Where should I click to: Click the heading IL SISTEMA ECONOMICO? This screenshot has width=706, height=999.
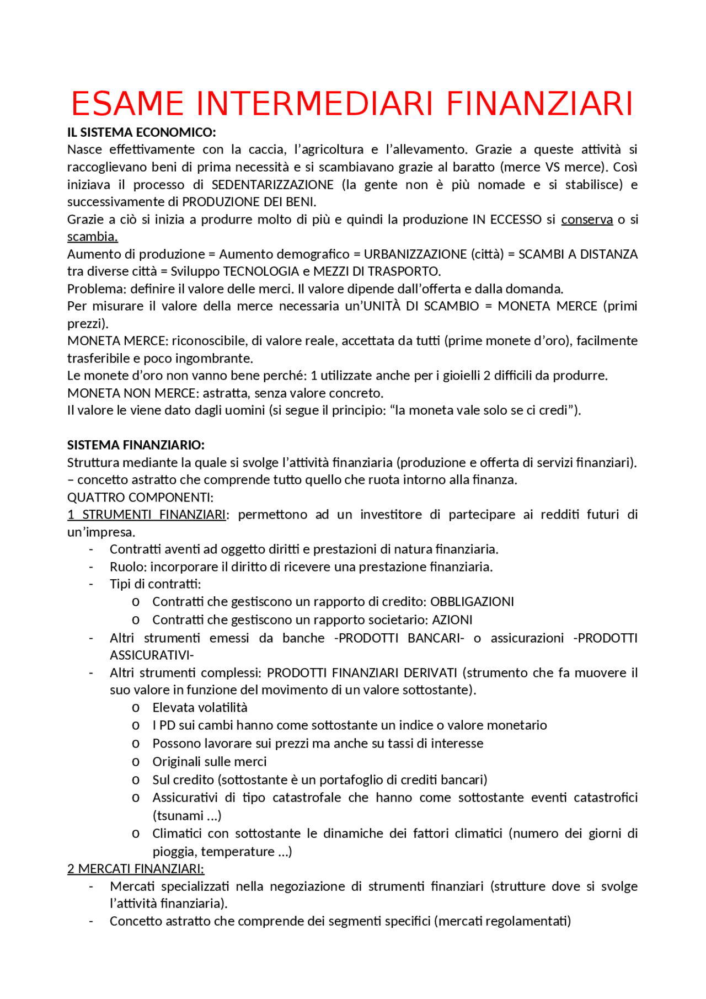141,132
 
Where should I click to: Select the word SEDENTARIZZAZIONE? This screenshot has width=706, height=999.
272,185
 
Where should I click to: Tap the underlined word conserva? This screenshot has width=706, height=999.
587,220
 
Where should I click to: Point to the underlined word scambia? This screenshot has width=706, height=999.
92,237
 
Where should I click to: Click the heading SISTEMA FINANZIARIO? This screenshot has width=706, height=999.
136,445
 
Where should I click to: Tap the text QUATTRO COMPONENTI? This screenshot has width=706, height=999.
140,497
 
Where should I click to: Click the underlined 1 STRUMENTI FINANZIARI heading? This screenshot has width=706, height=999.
147,515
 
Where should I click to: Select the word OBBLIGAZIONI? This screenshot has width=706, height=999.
472,601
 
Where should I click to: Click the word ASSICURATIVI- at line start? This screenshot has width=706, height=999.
152,655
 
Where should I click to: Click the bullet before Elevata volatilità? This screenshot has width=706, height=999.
135,708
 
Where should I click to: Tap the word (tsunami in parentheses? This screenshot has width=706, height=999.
178,815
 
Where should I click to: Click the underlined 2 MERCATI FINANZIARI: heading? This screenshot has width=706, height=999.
136,869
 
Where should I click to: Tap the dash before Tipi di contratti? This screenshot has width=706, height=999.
92,584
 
